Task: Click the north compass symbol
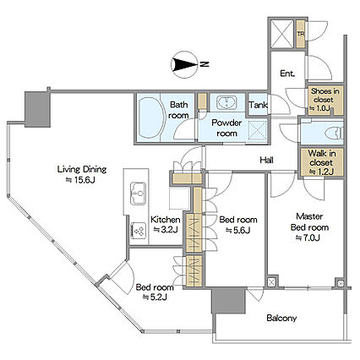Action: [x=183, y=64]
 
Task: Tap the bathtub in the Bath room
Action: [x=150, y=117]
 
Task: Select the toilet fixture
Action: [x=334, y=134]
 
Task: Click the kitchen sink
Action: [x=138, y=194]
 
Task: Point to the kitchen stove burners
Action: [x=139, y=231]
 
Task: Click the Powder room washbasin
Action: [x=227, y=102]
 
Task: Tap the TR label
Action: [x=301, y=34]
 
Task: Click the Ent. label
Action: [x=287, y=74]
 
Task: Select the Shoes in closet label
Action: [x=325, y=100]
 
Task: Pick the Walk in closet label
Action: [x=321, y=162]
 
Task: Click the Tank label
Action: [x=258, y=105]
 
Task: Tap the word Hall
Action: [x=266, y=161]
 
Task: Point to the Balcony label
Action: [x=281, y=319]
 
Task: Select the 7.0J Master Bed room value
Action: [x=308, y=238]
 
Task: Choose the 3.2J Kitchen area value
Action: [x=166, y=230]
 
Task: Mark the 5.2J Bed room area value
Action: [x=155, y=297]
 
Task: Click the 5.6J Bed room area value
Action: [x=238, y=231]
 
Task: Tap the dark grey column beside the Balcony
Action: [x=228, y=300]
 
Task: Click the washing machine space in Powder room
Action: [x=258, y=130]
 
